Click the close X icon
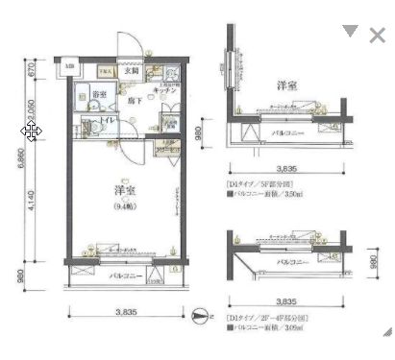click(378, 36)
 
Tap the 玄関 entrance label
click(130, 71)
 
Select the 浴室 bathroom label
click(99, 94)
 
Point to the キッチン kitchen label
click(164, 91)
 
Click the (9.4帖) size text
click(123, 207)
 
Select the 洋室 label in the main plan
click(123, 191)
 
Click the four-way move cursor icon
click(31, 132)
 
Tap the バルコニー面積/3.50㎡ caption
click(266, 192)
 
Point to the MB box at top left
click(69, 66)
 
